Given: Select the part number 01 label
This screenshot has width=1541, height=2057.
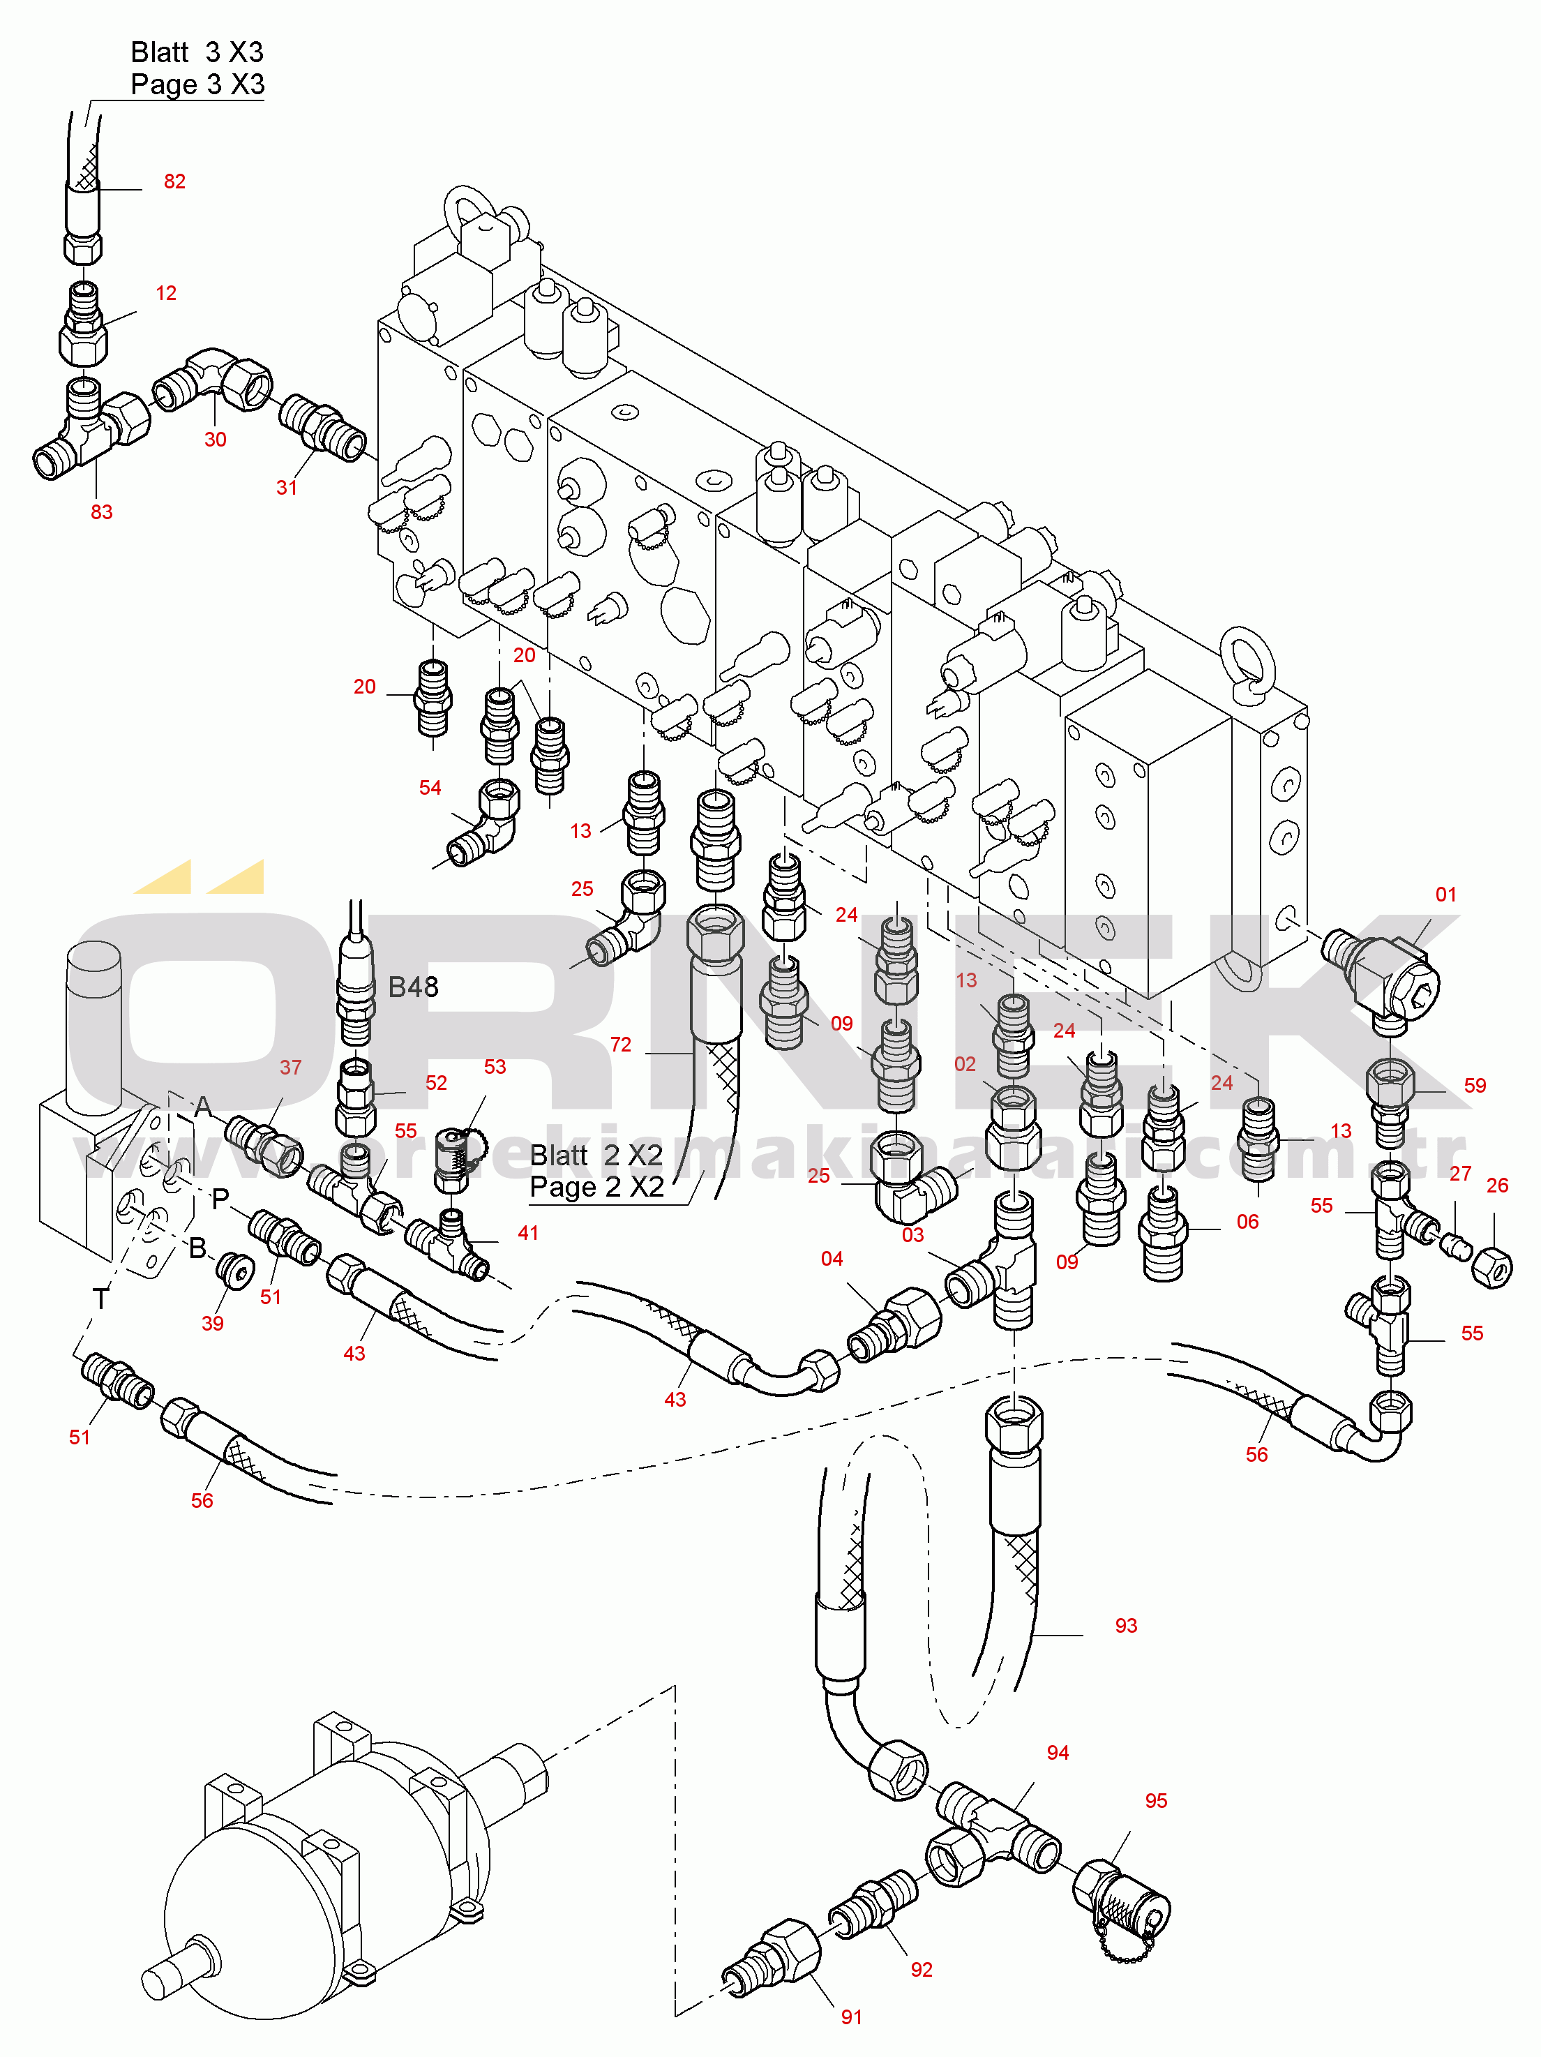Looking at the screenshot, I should [x=1445, y=895].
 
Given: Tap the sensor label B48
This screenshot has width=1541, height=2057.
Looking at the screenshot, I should [x=413, y=987].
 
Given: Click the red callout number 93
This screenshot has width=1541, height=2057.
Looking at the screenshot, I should [x=1125, y=1626].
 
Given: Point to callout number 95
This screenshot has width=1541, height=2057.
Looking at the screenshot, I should [x=1155, y=1800].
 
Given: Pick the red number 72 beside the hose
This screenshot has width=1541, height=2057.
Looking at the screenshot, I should [x=620, y=1045].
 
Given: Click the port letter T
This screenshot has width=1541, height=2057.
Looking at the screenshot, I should [x=100, y=1298].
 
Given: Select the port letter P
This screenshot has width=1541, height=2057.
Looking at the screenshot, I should [x=220, y=1199].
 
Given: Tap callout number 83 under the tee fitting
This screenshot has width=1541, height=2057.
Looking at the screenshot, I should [x=101, y=511].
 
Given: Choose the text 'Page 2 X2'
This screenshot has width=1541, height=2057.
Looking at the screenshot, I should [x=596, y=1188].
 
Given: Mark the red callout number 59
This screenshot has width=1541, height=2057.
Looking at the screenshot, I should [x=1474, y=1085].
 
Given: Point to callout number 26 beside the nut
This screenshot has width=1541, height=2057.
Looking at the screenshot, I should [x=1496, y=1185].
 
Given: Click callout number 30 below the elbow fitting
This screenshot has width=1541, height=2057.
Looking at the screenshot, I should [x=215, y=440].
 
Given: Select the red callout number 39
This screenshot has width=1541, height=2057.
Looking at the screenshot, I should [x=212, y=1323].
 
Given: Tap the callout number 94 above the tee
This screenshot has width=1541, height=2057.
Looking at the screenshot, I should [x=1058, y=1753].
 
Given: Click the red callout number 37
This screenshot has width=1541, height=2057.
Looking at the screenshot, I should [x=290, y=1068].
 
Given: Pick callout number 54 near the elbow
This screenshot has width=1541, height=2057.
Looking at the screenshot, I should [x=430, y=788].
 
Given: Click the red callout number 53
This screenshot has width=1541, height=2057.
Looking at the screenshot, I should [x=495, y=1067].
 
